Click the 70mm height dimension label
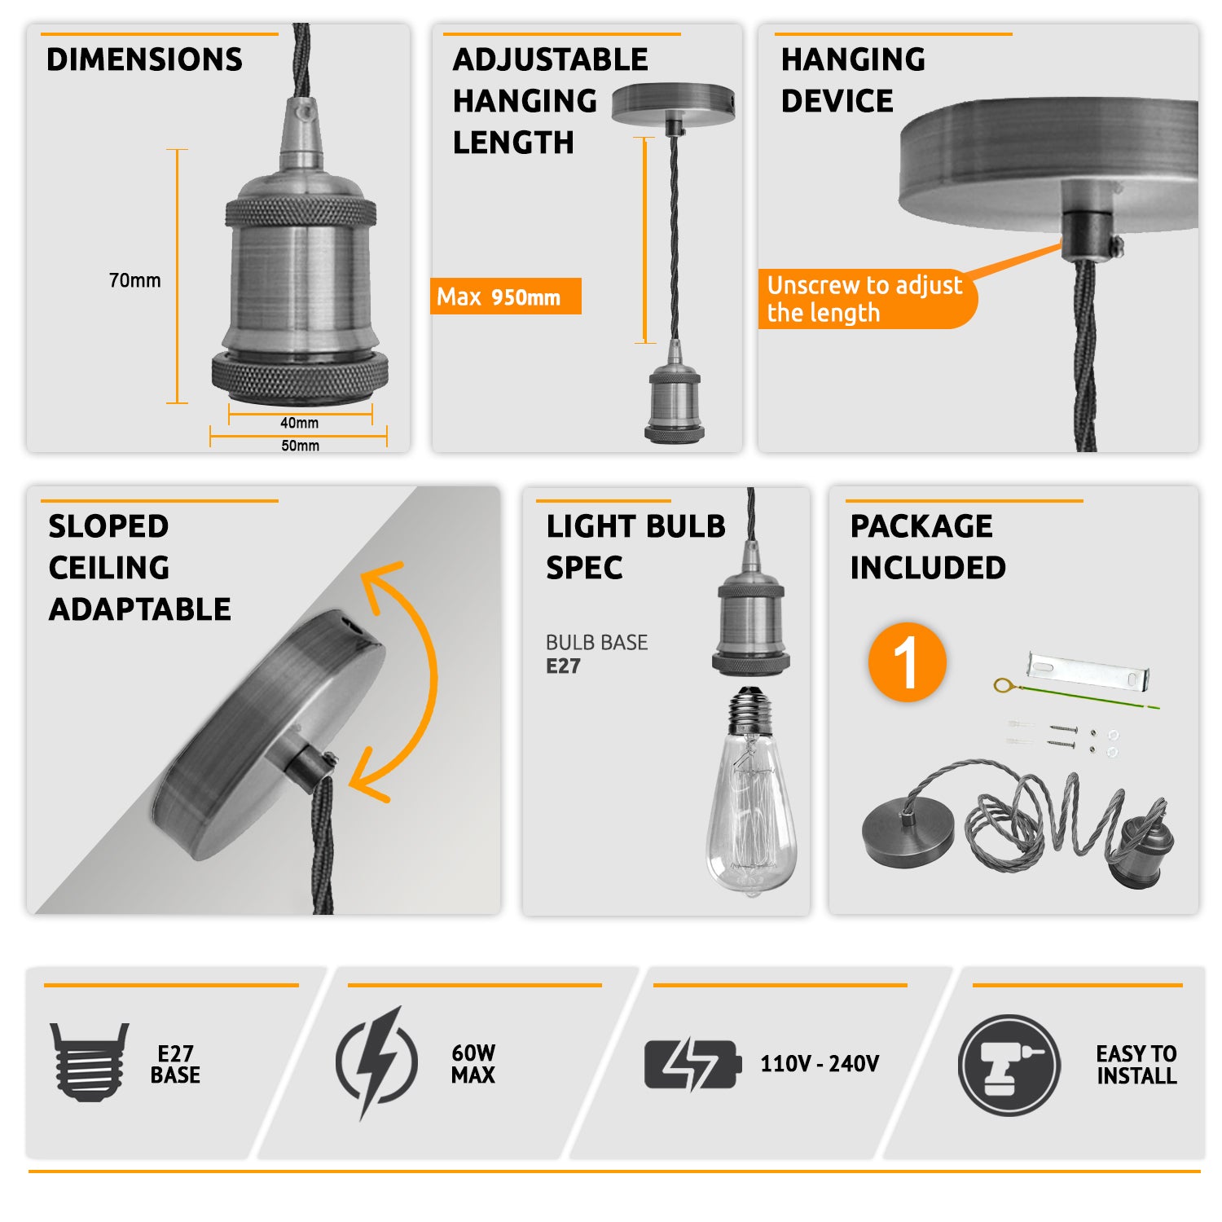click(x=134, y=280)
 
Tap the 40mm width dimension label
click(x=299, y=423)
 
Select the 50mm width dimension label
click(x=300, y=446)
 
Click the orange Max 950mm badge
click(x=506, y=296)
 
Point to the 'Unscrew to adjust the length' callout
click(x=867, y=299)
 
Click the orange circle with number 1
click(x=908, y=662)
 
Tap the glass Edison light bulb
click(x=751, y=791)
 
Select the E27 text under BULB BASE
click(x=563, y=666)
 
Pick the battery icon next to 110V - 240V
click(x=693, y=1064)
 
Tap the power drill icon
click(x=1009, y=1065)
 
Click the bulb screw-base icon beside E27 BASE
click(x=89, y=1062)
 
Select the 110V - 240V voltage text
click(x=820, y=1064)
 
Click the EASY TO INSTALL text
click(x=1136, y=1065)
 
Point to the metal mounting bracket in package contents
click(x=1088, y=670)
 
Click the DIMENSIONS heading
click(x=144, y=59)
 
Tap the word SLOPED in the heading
click(x=108, y=526)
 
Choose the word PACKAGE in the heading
click(x=921, y=526)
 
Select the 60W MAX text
click(x=473, y=1064)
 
